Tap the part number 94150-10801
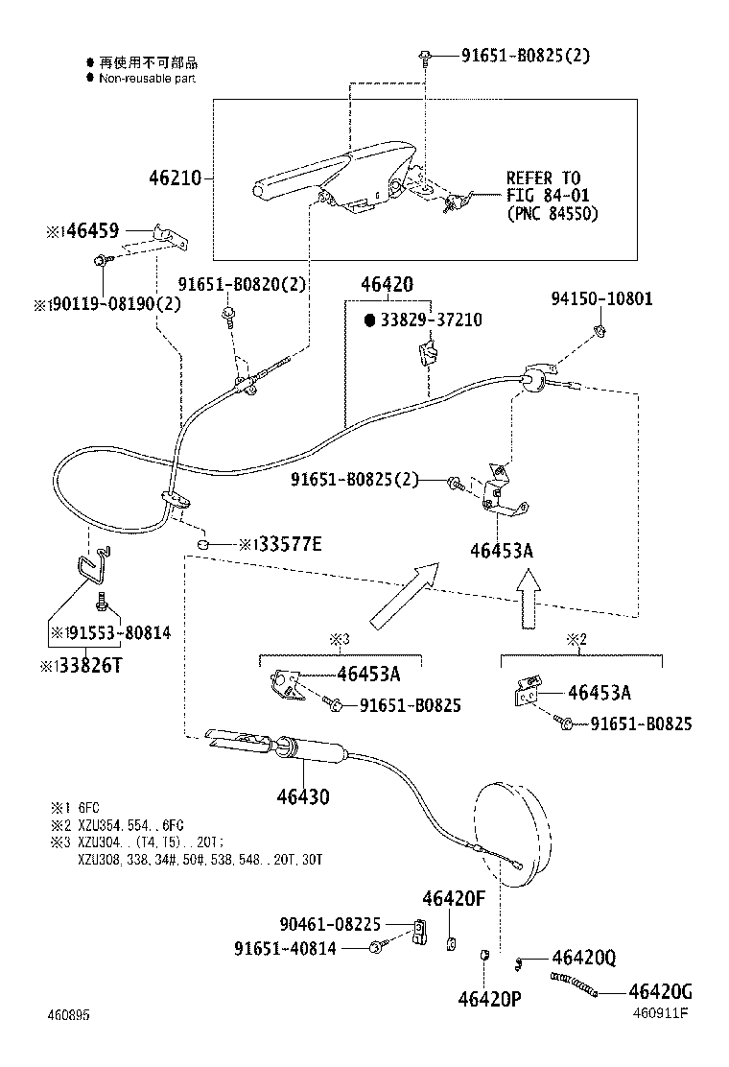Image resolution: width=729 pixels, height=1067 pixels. pos(601,298)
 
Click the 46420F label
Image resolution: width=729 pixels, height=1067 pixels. pos(455,899)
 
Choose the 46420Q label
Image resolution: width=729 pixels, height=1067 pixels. pos(583,958)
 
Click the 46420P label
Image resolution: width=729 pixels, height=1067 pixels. pos(488,999)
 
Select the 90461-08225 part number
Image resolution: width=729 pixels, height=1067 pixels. pos(330,924)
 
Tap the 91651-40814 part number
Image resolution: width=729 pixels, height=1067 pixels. pos(297,948)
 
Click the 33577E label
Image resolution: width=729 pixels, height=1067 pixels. pos(287,545)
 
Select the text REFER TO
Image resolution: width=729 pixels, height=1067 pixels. pos(543,178)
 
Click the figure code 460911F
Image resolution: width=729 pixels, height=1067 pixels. pos(660,1012)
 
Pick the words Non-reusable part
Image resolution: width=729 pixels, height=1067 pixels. pos(147,78)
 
